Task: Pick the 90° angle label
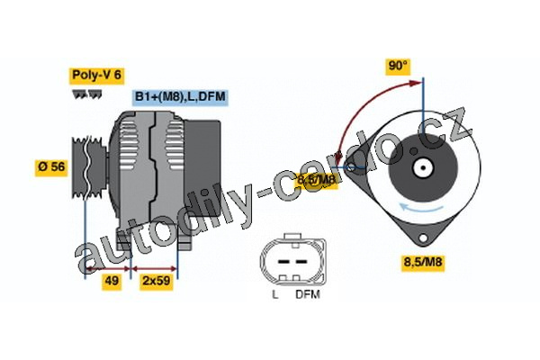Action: point(398,66)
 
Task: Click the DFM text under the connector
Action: point(307,294)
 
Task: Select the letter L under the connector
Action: point(274,294)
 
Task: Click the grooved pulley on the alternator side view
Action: point(88,167)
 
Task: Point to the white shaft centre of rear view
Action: point(423,166)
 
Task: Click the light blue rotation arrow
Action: point(423,210)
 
